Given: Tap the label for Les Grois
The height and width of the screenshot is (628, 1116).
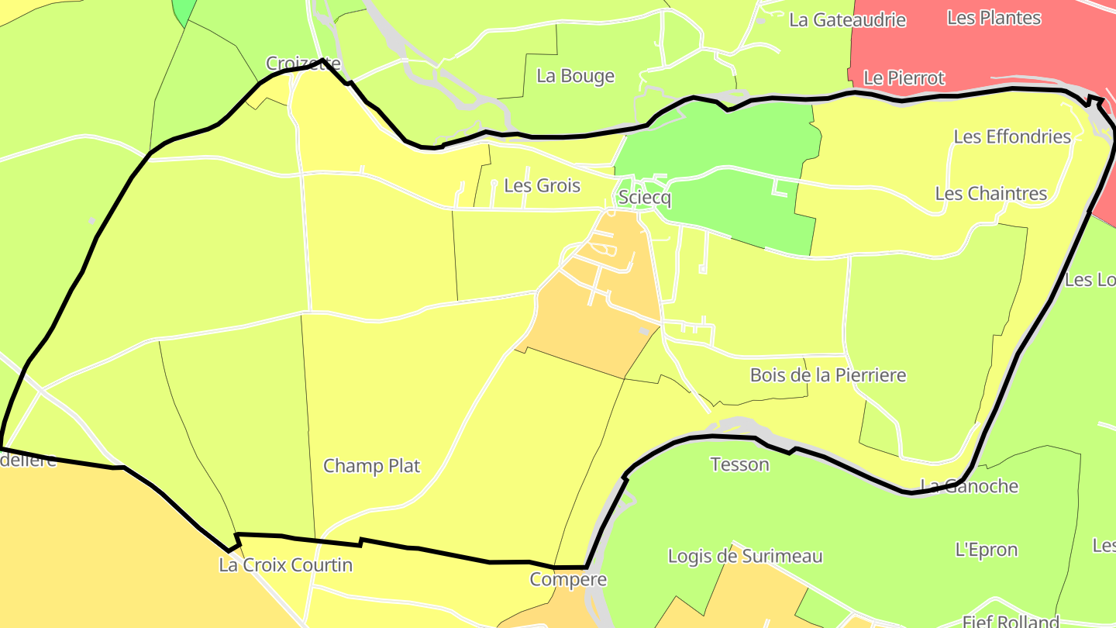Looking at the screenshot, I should (542, 185).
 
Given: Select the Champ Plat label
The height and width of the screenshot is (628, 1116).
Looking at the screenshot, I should (371, 466).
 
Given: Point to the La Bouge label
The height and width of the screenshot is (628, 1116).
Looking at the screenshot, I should (575, 76).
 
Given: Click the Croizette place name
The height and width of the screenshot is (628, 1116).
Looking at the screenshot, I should (303, 63).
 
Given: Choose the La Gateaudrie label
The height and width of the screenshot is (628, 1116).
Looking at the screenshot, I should (847, 20).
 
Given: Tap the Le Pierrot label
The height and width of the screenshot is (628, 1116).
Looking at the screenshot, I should (904, 78).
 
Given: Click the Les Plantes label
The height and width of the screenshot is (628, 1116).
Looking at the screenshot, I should (994, 18).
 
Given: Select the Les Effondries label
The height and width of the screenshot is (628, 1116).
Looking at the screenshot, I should (1011, 137).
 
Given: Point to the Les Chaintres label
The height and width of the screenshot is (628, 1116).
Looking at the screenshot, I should (990, 194).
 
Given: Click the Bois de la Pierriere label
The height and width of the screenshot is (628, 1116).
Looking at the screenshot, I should (828, 375).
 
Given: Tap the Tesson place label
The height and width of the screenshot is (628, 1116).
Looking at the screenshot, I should (739, 464).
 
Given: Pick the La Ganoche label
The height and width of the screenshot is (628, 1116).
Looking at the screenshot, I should (969, 486).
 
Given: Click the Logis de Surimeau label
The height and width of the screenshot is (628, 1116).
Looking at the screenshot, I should (745, 556).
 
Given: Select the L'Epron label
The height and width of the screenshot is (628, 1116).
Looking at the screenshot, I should (986, 550).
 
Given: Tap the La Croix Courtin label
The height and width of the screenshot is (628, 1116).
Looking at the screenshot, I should (285, 565).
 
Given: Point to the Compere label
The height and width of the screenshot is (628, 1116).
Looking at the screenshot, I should (568, 579).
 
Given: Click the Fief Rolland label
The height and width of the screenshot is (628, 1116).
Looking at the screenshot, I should (1010, 621).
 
